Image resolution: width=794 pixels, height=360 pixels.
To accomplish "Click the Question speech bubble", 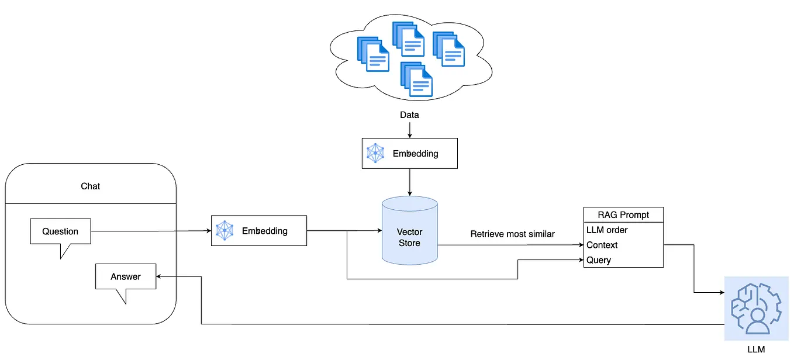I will pyautogui.click(x=61, y=231).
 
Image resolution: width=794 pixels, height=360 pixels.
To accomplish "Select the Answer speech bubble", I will pyautogui.click(x=126, y=276).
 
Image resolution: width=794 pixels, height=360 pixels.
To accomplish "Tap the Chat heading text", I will pyautogui.click(x=90, y=186).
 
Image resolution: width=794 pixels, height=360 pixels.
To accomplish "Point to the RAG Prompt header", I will pyautogui.click(x=623, y=214).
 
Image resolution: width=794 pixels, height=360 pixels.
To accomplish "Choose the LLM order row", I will pyautogui.click(x=623, y=230).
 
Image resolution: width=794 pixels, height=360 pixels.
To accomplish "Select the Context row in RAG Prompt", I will pyautogui.click(x=623, y=245).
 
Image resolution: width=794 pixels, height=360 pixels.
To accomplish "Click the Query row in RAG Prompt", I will pyautogui.click(x=623, y=260).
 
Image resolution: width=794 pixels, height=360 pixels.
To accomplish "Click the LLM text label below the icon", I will pyautogui.click(x=756, y=349).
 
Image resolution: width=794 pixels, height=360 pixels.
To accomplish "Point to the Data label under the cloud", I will pyautogui.click(x=409, y=115).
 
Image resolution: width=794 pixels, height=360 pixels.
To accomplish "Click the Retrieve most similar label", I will pyautogui.click(x=512, y=234).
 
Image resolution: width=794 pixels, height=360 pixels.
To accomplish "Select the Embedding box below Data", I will pyautogui.click(x=409, y=154).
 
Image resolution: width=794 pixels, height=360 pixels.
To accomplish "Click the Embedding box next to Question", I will pyautogui.click(x=258, y=230).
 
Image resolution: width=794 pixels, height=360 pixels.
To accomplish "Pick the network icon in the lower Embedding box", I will pyautogui.click(x=225, y=230).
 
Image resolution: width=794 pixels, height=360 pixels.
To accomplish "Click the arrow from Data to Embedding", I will pyautogui.click(x=409, y=129).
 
